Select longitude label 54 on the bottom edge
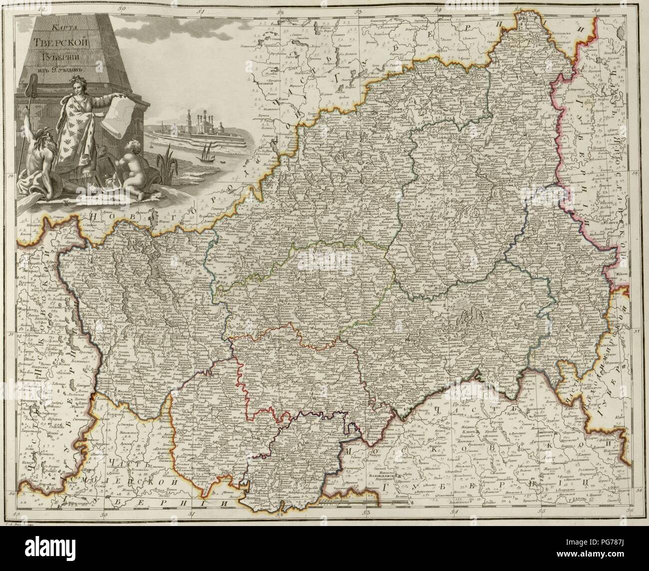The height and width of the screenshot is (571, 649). [454, 511]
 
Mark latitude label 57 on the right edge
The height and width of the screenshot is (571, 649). [636, 331]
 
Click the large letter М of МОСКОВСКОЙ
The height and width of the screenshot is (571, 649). [348, 451]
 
